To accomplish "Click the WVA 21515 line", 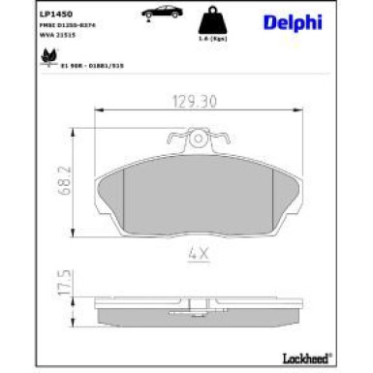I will pos(55,36).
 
